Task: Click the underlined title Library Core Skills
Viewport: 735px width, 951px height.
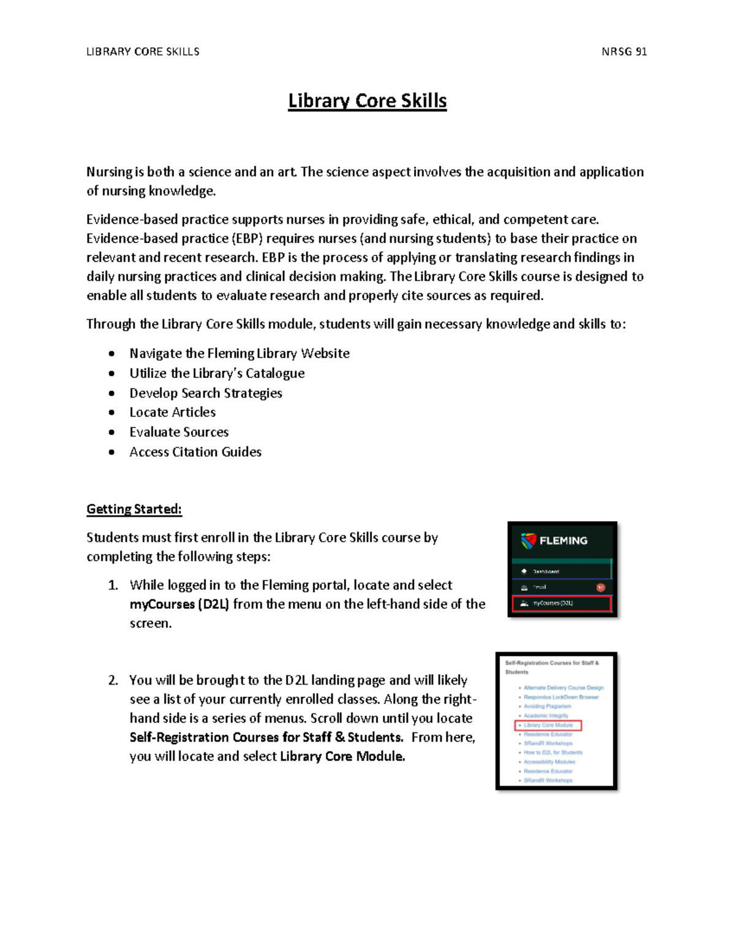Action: coord(367,101)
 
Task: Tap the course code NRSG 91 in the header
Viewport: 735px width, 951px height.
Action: coord(624,52)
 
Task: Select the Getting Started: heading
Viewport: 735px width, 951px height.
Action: coord(134,509)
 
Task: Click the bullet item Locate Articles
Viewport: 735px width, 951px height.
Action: coord(172,412)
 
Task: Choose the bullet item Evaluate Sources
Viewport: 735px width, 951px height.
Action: coord(179,432)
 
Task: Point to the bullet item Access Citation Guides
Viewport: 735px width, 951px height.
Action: coord(195,452)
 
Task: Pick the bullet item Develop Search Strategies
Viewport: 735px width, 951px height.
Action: coord(206,393)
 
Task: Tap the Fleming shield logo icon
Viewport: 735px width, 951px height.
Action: coord(528,541)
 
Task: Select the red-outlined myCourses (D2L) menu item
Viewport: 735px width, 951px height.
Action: coord(562,603)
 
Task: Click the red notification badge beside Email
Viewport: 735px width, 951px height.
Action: coord(600,587)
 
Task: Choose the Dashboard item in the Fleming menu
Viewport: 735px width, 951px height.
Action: coord(545,571)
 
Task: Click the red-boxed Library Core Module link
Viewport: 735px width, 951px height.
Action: coord(548,725)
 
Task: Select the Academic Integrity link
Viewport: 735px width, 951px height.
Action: coord(546,715)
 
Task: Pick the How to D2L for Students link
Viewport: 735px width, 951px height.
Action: coord(553,753)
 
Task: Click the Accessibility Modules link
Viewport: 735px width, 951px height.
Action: coord(549,762)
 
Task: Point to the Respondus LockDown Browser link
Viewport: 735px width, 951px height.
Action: coord(561,697)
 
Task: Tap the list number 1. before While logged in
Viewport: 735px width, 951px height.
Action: coord(113,585)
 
